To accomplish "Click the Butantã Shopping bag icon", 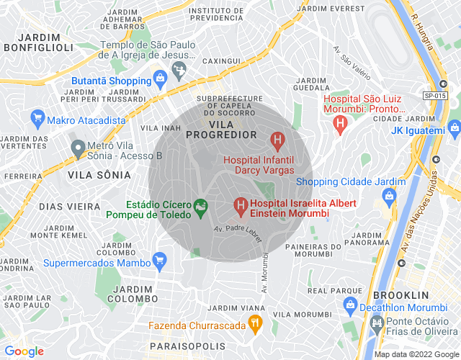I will (159, 81).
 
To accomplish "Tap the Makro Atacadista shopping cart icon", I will (36, 117).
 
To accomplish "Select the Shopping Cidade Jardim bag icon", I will (390, 195).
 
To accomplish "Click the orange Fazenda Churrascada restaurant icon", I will (254, 324).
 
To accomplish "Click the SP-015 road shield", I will (434, 95).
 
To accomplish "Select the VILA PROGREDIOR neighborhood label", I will (222, 135).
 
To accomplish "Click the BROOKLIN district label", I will (401, 295).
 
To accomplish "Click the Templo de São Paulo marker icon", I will (178, 70).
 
